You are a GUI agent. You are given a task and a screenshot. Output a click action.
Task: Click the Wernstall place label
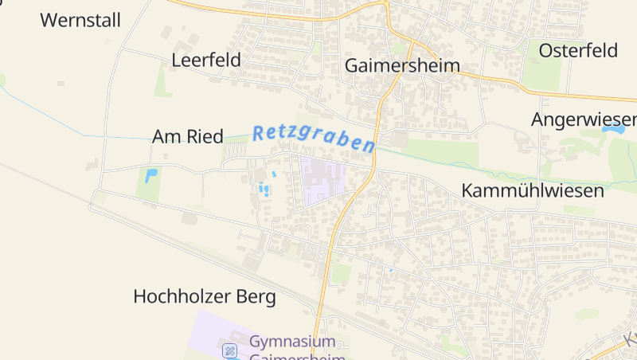coord(80,21)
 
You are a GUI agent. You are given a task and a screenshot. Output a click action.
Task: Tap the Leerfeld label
coord(206,61)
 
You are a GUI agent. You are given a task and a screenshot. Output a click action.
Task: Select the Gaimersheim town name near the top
coord(402,65)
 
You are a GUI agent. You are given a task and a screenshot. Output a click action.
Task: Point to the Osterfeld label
coord(578,51)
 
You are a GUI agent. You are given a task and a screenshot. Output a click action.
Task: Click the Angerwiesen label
coord(584,120)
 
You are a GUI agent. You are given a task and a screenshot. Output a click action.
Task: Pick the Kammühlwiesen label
coord(533,191)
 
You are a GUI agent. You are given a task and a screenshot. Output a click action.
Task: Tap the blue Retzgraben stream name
coord(313,139)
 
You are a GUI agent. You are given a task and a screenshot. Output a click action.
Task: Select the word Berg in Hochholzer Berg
coord(256,297)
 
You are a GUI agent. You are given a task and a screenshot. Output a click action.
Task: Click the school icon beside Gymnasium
coord(230,350)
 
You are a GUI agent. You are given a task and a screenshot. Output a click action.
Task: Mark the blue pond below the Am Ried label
coord(150,175)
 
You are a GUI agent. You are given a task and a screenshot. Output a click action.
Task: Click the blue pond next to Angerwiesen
coord(619,129)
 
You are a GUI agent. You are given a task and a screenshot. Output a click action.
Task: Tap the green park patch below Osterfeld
coord(542,72)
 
